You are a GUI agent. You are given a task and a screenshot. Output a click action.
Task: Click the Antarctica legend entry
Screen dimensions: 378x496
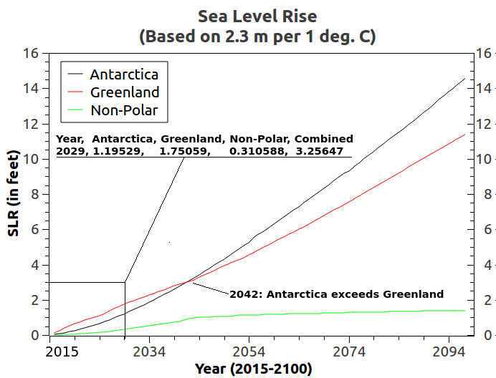[x=124, y=74]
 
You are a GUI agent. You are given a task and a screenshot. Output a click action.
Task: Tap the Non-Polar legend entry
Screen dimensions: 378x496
[x=124, y=110]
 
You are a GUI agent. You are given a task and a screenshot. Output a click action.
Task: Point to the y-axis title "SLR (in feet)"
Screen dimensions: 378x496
[x=13, y=193]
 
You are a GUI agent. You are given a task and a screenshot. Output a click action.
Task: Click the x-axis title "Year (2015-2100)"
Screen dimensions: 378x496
[x=253, y=369]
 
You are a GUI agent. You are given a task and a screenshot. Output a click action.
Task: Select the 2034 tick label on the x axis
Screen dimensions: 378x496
[x=149, y=352]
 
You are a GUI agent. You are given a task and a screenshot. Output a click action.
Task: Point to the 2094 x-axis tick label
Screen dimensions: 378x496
[x=449, y=352]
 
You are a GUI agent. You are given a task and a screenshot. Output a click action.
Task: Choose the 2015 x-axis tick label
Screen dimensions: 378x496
[x=62, y=352]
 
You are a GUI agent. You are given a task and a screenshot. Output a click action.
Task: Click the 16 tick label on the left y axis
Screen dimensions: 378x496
[x=31, y=54]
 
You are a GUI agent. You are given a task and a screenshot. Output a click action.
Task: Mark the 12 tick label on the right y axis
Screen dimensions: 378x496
[x=482, y=124]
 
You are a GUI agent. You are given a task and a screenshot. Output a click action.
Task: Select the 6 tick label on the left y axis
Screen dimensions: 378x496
[x=34, y=230]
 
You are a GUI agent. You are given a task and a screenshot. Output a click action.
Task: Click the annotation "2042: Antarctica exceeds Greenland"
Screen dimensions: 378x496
[x=336, y=294]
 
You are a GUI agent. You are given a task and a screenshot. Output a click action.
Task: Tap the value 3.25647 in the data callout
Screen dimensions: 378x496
[x=320, y=152]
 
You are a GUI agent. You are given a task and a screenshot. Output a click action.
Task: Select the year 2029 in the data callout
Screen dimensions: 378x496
[x=69, y=152]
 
